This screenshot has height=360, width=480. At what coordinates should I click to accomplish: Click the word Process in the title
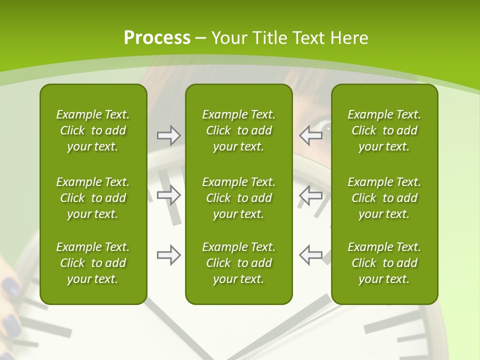tap(157, 38)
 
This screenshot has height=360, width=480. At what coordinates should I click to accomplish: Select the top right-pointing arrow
tap(168, 135)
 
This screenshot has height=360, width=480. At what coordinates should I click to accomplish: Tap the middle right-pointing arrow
tap(168, 194)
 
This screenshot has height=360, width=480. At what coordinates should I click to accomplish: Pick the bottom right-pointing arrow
tap(168, 255)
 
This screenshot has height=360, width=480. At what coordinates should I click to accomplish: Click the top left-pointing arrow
tap(310, 135)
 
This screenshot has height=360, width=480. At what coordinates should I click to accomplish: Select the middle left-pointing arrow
tap(310, 194)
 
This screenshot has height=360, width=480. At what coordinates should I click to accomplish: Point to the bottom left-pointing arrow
tap(310, 255)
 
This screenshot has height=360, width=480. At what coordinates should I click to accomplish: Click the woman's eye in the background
tap(326, 131)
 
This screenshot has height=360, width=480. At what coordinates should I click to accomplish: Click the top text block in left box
tap(93, 130)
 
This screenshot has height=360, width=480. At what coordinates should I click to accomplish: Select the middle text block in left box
tap(93, 198)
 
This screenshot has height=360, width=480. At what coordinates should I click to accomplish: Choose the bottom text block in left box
tap(93, 263)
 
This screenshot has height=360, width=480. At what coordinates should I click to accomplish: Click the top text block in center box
tap(238, 130)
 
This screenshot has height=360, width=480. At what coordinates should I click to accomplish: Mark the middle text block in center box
tap(238, 198)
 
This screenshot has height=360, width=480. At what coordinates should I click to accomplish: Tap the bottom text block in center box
tap(238, 263)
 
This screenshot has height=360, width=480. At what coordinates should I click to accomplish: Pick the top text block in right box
tap(384, 130)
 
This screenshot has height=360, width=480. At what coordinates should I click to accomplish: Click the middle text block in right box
tap(384, 198)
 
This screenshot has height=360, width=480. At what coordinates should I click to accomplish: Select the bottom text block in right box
tap(384, 263)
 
